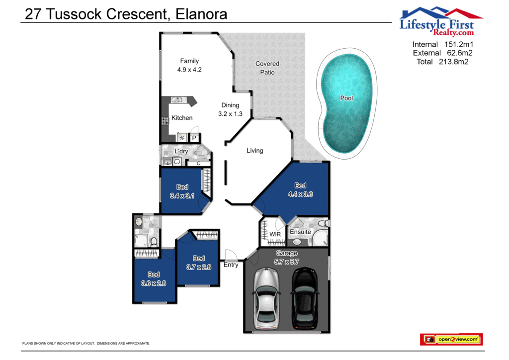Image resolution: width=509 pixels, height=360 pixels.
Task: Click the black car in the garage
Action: click(x=304, y=298)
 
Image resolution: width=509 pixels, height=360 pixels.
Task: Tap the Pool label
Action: click(x=346, y=98)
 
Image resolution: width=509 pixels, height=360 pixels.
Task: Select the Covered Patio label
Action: click(x=267, y=68)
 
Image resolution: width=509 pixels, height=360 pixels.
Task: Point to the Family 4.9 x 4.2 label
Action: click(x=189, y=66)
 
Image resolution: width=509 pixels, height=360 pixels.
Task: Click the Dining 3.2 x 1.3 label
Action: click(x=230, y=109)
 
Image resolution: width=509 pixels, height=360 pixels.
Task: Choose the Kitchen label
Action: click(x=182, y=118)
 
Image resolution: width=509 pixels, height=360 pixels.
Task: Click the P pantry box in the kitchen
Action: click(x=194, y=138)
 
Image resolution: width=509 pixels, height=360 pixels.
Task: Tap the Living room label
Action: click(x=254, y=150)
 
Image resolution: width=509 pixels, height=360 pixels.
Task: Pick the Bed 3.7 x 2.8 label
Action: click(x=199, y=263)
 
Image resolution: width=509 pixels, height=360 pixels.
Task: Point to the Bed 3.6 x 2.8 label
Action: click(x=154, y=279)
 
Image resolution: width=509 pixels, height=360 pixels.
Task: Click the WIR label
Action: click(x=275, y=234)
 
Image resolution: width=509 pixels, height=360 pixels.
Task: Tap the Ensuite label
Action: click(x=300, y=232)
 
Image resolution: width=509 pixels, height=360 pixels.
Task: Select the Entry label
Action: click(x=231, y=265)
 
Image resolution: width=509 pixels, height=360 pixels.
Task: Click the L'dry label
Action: click(x=181, y=151)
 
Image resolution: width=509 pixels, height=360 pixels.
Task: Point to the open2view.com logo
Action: click(x=451, y=340)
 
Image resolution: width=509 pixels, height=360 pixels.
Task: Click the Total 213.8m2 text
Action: click(x=442, y=62)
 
